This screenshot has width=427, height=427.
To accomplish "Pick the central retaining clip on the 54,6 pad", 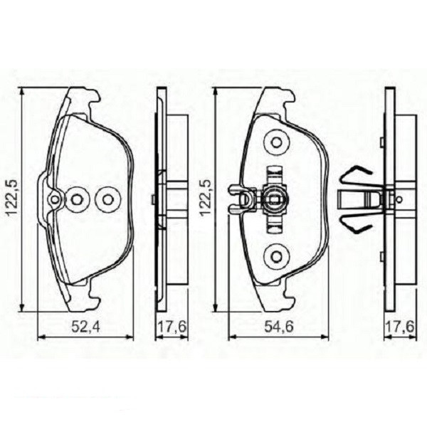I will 274,199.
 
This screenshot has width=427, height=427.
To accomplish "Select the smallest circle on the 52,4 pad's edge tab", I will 54,200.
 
